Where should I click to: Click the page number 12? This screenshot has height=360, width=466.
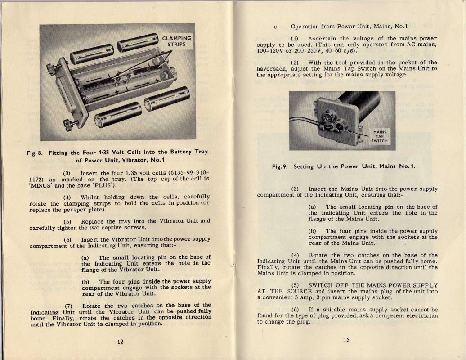[120, 342]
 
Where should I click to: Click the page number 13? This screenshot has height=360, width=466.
[346, 340]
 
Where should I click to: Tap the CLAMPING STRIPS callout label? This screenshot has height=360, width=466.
[176, 41]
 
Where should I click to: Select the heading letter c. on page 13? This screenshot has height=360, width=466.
[275, 27]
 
